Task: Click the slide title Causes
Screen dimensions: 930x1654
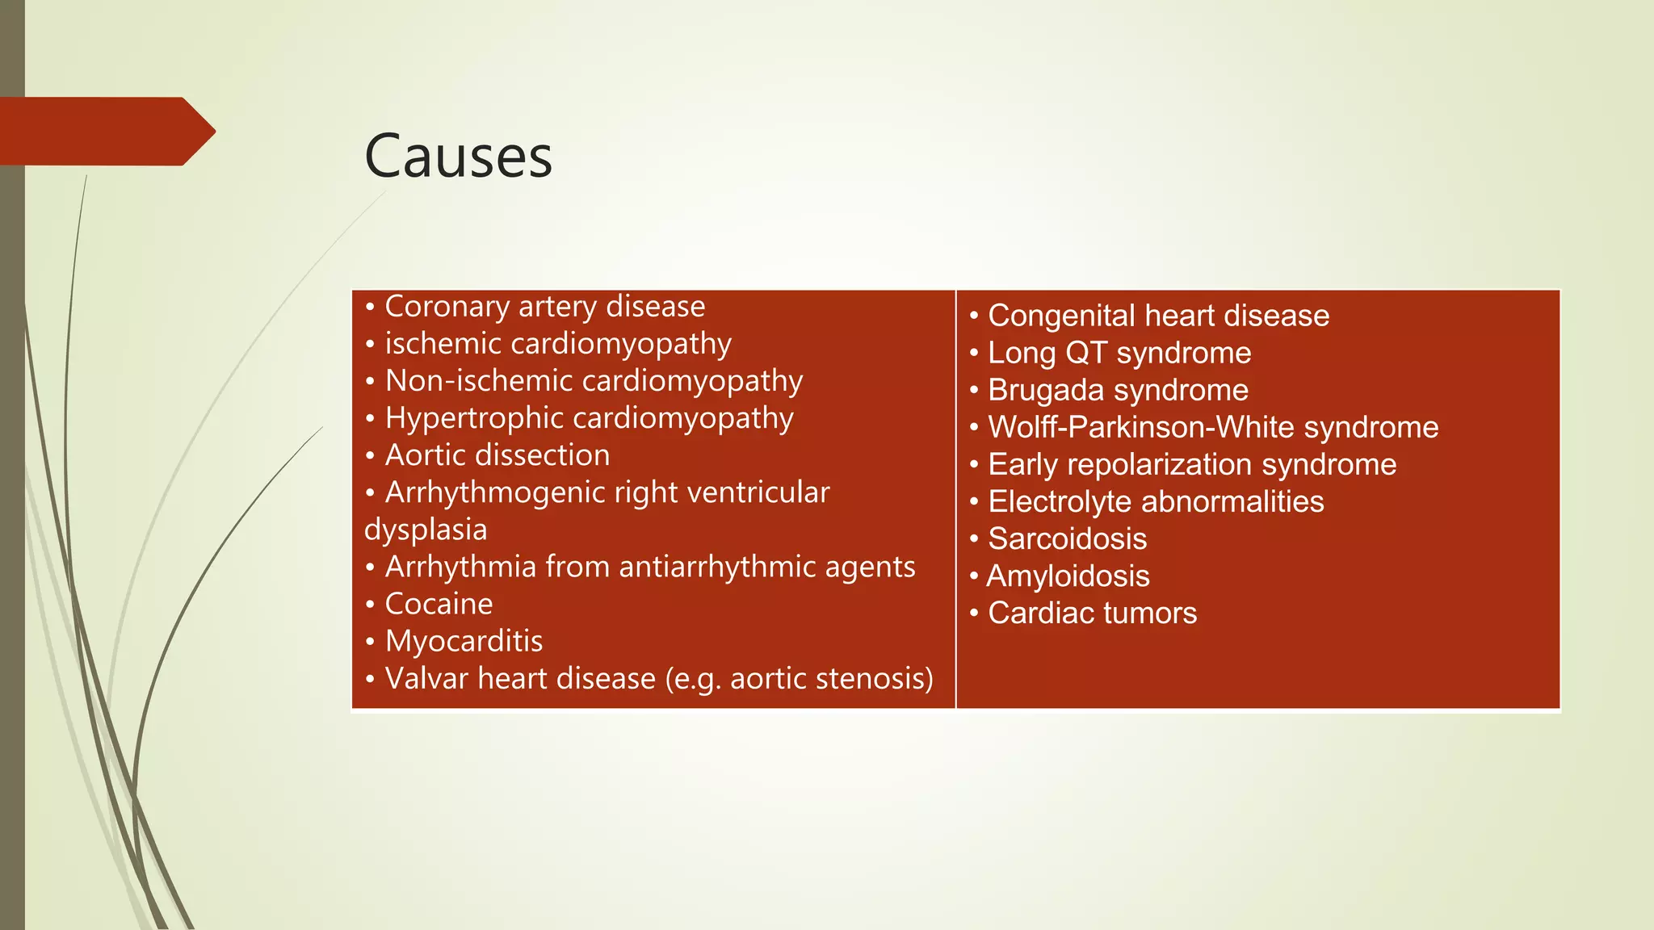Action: (x=458, y=156)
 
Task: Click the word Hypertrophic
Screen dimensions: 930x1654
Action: (x=474, y=418)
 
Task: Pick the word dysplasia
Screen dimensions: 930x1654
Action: (x=426, y=530)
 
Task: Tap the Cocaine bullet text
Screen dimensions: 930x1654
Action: (x=439, y=604)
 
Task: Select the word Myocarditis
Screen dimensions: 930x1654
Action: (x=464, y=641)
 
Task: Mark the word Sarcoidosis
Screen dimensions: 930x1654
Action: (x=1067, y=538)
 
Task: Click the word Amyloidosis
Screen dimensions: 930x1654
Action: (x=1068, y=576)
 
